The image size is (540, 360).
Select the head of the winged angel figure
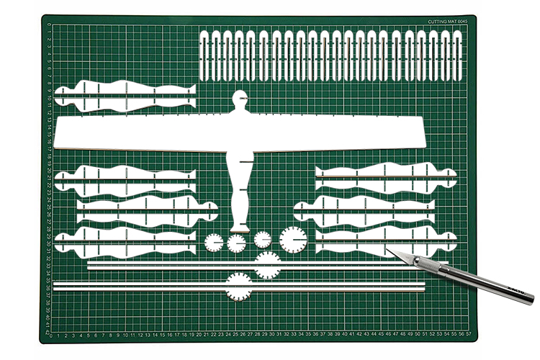point(240,99)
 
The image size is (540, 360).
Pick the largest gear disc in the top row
point(293,239)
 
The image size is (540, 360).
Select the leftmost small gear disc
point(214,242)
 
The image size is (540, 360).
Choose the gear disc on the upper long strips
point(268,264)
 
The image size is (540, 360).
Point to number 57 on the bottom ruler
point(469,334)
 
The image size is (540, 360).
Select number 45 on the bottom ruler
point(382,334)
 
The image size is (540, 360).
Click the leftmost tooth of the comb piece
point(204,55)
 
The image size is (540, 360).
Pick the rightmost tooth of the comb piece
point(458,55)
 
